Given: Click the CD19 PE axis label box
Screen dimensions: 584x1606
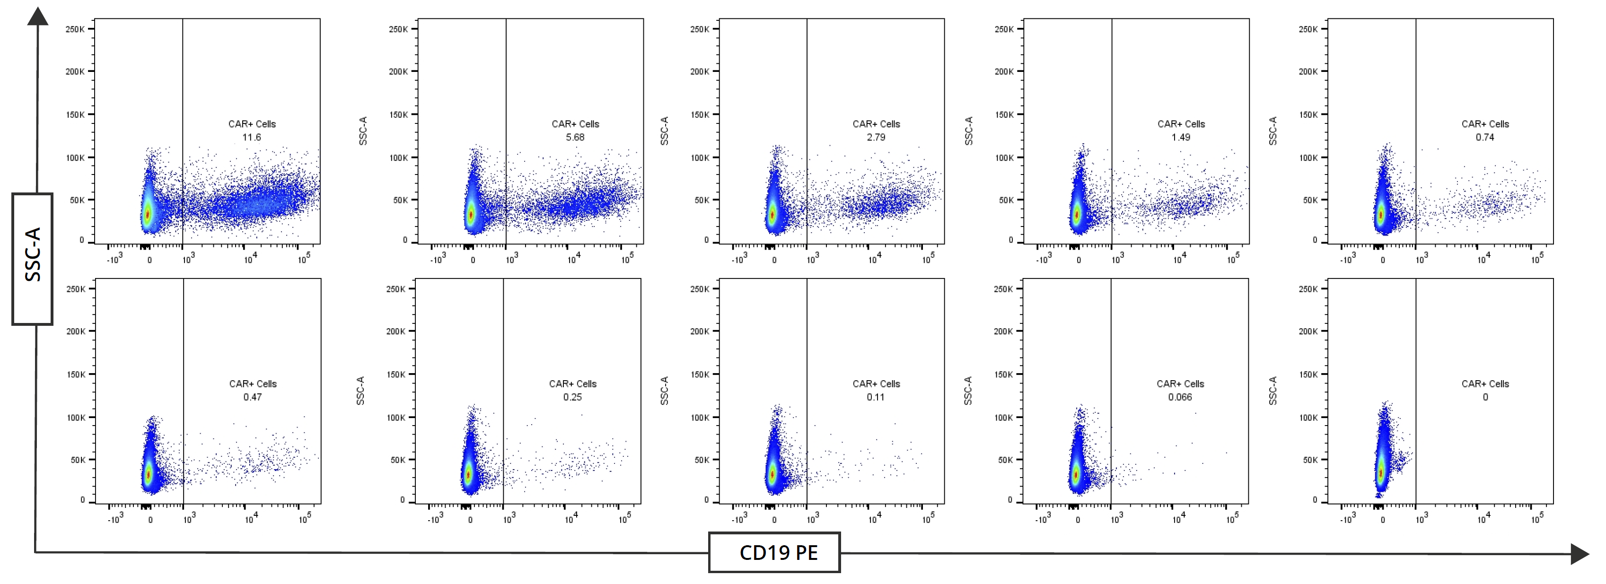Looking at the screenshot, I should coord(774,552).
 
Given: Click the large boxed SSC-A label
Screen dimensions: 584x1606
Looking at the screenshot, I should coord(33,259).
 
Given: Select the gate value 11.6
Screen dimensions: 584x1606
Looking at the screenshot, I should coord(251,137).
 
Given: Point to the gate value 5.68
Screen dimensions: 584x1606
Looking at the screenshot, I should coord(575,137).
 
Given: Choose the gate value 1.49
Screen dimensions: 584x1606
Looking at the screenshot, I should coord(1180,137).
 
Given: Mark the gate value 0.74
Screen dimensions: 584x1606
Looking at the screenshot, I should coord(1484,137).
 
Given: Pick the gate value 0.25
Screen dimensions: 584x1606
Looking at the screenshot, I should coord(572,397).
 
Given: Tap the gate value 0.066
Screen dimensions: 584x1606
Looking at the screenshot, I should coord(1180,397).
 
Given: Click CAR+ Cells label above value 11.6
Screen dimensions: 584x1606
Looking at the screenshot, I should coord(252,124).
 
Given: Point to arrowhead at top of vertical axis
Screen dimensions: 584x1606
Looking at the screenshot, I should coord(37,17).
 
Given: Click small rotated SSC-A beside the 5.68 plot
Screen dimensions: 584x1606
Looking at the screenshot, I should coord(363,131).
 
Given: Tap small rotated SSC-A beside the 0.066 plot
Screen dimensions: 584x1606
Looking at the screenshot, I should coord(967,391).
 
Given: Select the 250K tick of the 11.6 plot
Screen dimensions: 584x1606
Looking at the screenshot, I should coord(75,29).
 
